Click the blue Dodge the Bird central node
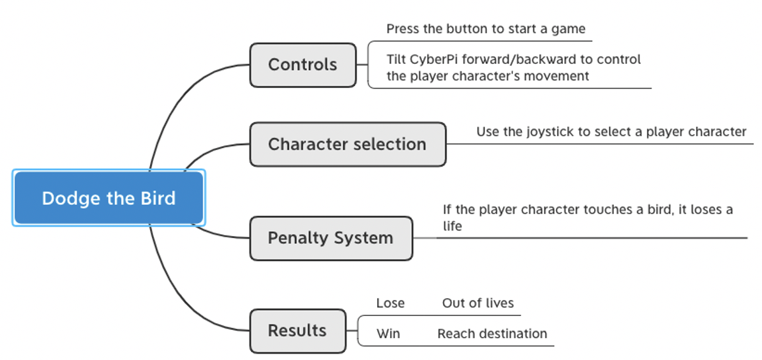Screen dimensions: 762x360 (108, 198)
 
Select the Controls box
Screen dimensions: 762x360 (303, 65)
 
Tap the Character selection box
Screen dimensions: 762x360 (347, 144)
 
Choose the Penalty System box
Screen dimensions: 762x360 (331, 238)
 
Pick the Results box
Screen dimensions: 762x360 (297, 331)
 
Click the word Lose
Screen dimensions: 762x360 (390, 303)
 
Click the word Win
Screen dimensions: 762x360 (388, 334)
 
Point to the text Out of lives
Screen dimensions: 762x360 (478, 303)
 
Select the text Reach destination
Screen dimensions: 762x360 (492, 334)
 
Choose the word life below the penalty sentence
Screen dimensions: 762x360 (452, 226)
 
